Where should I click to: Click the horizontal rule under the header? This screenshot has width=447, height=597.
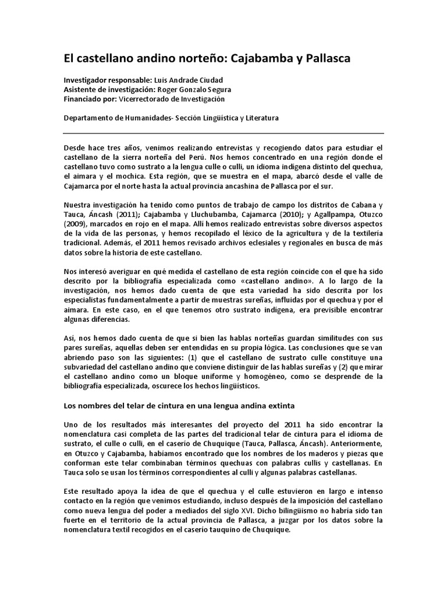(x=223, y=133)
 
